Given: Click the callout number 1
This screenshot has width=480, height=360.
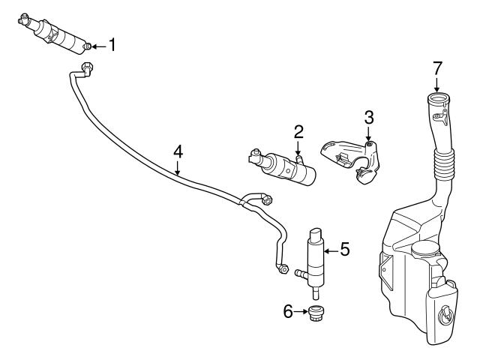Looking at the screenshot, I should [x=112, y=46].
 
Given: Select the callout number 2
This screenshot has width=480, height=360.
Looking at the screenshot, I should [x=298, y=133].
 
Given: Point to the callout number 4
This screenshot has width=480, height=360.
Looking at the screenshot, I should [x=178, y=151].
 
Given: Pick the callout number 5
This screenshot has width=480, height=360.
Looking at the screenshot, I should [x=345, y=249].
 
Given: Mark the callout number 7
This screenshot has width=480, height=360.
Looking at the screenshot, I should [x=436, y=68].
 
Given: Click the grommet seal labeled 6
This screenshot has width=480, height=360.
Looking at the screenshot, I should [x=317, y=313].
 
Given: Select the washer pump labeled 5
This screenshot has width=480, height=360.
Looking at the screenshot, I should [x=316, y=259].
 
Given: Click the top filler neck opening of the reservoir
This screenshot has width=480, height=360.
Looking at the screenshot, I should [x=438, y=97].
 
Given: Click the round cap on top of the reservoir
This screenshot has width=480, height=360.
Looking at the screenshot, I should [x=424, y=252].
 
